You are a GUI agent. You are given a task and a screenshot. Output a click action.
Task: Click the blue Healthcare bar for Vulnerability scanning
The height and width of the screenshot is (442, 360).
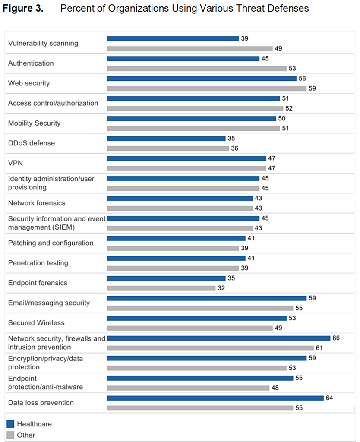point(173,38)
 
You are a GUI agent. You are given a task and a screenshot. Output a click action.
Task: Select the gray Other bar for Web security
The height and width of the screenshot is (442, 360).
point(206,88)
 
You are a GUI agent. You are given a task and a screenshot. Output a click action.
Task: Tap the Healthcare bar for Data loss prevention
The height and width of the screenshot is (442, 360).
point(215,398)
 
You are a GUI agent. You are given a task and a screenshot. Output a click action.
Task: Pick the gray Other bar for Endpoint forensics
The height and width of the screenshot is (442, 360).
point(161,288)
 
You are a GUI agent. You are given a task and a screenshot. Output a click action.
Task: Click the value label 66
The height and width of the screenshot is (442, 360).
point(336,338)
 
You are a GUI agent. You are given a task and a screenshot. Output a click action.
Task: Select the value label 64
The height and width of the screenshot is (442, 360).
point(329,398)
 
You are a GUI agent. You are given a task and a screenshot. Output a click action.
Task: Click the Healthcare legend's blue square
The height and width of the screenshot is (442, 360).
point(11,424)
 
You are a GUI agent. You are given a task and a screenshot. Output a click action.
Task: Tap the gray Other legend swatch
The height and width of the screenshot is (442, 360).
point(11,435)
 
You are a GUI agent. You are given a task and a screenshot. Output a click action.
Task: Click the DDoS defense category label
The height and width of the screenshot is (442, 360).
point(32,143)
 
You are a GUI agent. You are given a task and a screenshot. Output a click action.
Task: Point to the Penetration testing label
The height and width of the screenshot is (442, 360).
point(38,263)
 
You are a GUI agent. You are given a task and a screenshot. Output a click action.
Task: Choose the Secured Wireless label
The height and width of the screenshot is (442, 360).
point(36,322)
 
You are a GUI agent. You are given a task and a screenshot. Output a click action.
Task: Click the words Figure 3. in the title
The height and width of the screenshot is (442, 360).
point(23,9)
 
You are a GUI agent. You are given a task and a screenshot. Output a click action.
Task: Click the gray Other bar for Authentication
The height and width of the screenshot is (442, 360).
point(196,68)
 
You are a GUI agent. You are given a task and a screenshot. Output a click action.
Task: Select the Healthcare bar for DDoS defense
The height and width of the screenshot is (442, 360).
point(166,139)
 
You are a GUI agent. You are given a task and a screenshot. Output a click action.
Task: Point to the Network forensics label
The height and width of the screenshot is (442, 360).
point(37,203)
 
